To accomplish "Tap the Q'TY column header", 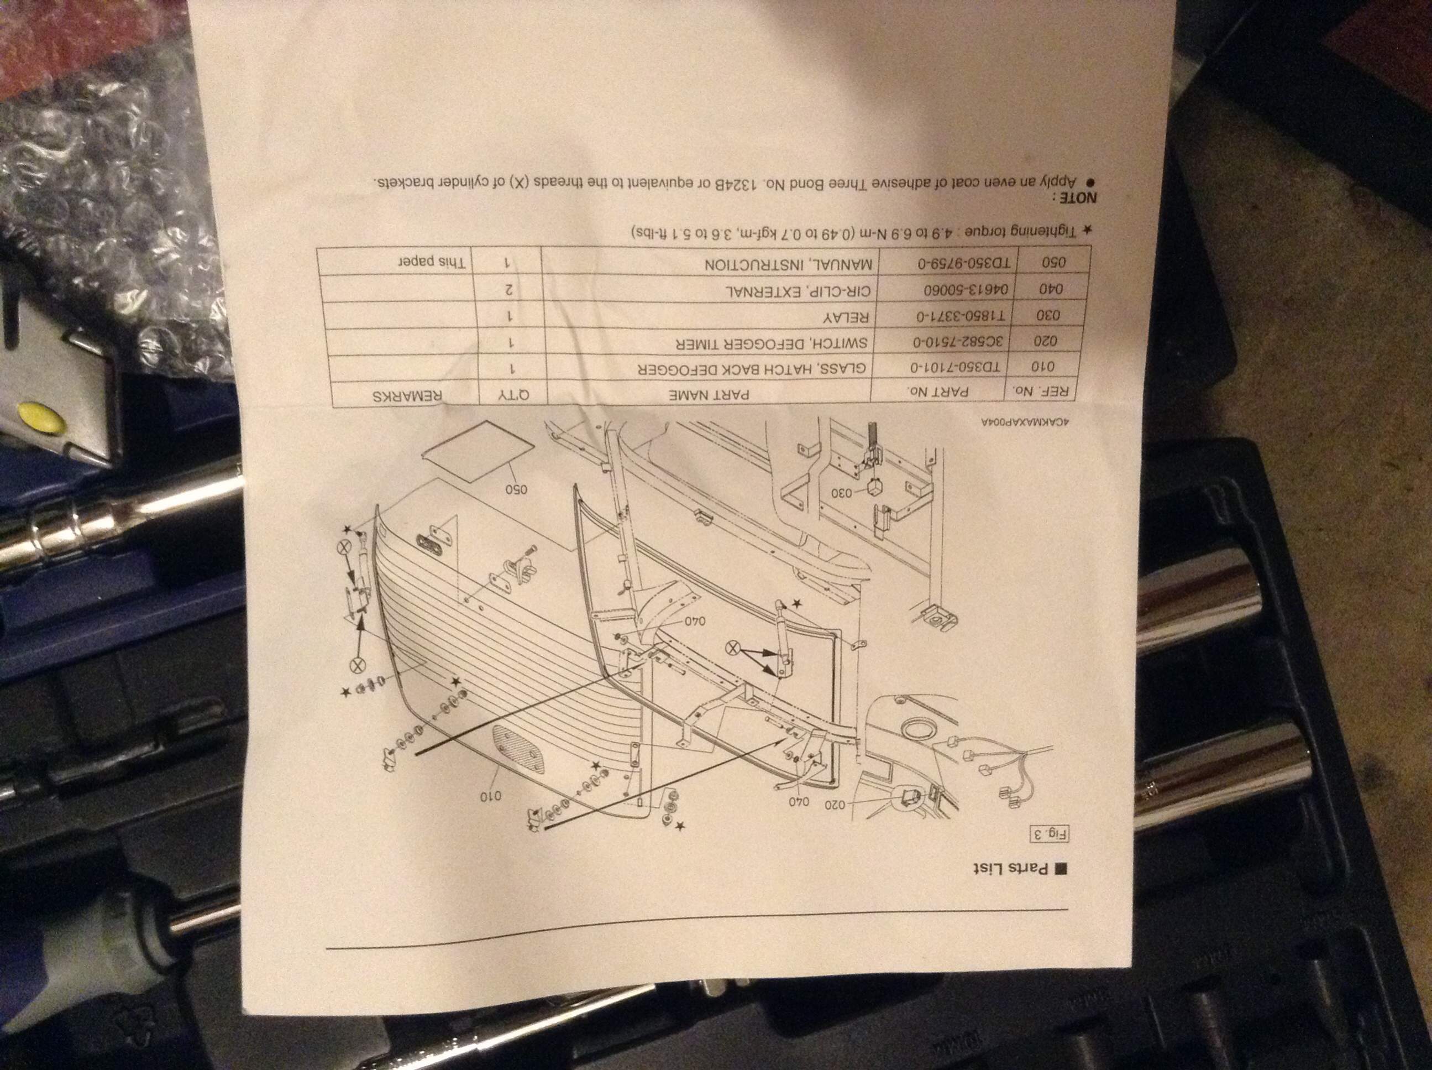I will coord(513,394).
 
